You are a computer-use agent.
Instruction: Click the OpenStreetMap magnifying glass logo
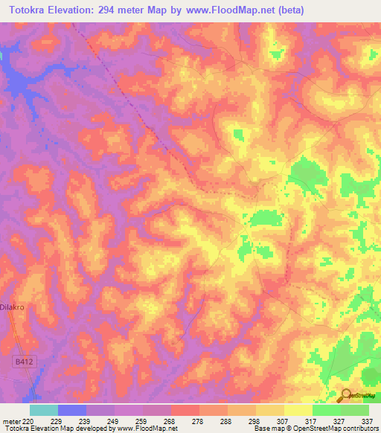[x=345, y=396]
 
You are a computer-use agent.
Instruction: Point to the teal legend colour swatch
[x=44, y=410]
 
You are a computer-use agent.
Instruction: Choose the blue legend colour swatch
[x=72, y=410]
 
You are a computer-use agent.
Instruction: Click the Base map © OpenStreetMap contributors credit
[x=316, y=429]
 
